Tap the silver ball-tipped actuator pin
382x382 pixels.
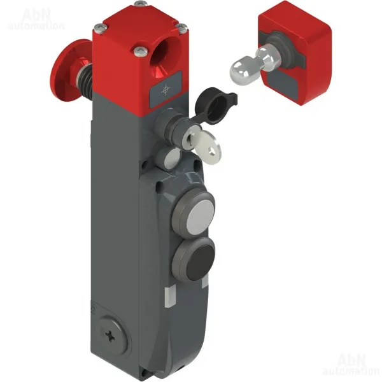pos(251,63)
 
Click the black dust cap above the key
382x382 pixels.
pos(215,106)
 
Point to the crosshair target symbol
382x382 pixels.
pos(166,90)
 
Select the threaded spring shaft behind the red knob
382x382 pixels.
pos(84,73)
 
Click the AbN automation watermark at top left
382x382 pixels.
pos(36,19)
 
